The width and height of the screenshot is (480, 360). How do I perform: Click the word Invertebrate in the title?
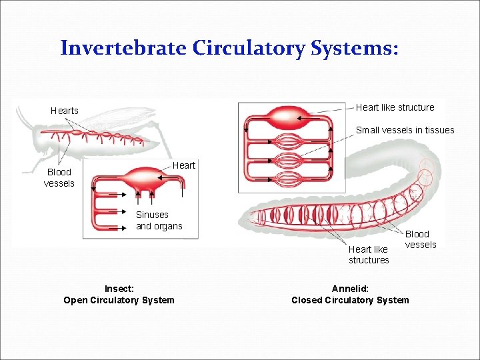[x=124, y=48]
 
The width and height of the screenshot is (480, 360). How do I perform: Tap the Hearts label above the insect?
[x=65, y=111]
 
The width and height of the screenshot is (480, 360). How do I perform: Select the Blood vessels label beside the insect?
[x=59, y=177]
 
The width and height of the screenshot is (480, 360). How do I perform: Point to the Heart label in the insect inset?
[x=184, y=165]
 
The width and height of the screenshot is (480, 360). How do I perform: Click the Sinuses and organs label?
[x=159, y=221]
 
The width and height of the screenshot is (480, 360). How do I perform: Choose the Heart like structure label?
[x=395, y=107]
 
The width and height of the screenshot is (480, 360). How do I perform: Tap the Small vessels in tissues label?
[x=405, y=130]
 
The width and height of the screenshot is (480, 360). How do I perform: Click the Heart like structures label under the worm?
[x=369, y=255]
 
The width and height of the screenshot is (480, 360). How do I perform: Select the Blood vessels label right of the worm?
[x=421, y=239]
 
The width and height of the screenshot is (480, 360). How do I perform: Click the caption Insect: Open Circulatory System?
[x=119, y=295]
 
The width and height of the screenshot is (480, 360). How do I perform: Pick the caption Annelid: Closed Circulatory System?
[x=350, y=295]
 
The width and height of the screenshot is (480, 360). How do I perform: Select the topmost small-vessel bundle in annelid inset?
[x=289, y=142]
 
